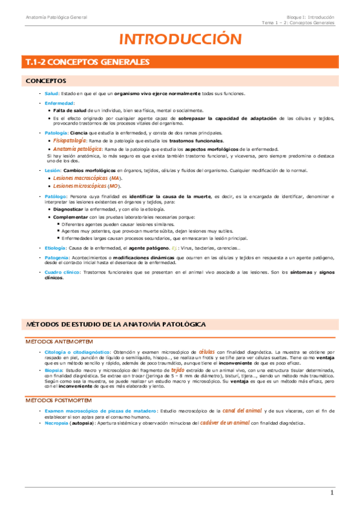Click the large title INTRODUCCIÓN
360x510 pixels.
(180, 40)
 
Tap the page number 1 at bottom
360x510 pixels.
(331, 494)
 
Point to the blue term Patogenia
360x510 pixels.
(57, 257)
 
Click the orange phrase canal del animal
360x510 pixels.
(242, 393)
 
